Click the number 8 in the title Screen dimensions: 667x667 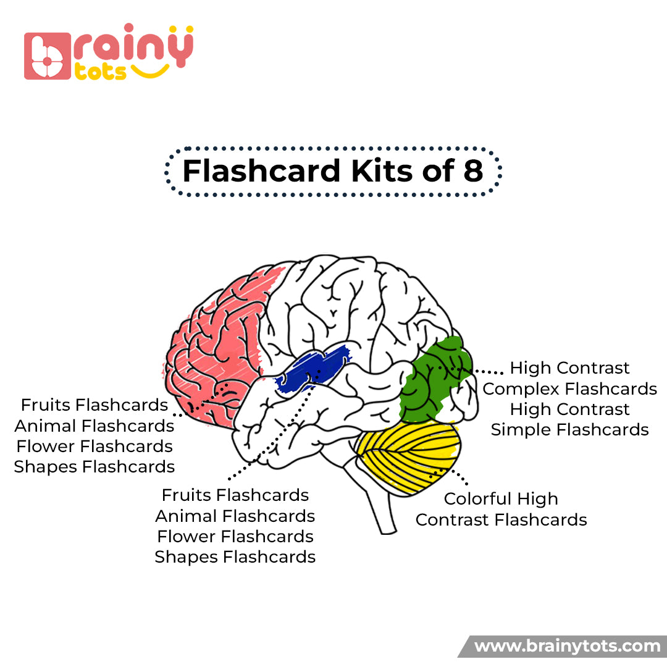coord(472,171)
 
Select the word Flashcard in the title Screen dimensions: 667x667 coord(262,171)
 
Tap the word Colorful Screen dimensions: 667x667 coord(479,499)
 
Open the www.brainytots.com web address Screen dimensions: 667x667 coord(567,647)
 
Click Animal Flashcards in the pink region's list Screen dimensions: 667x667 coord(94,426)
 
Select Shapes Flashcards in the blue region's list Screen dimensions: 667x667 coord(235,557)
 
